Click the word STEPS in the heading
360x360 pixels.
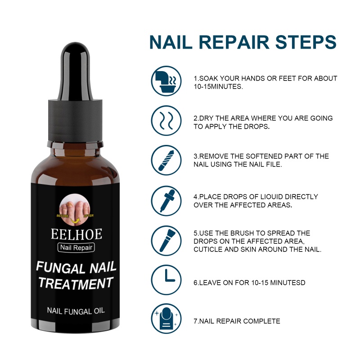coord(306,42)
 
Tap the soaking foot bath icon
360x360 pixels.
coord(166,81)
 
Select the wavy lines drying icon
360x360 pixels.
coord(166,121)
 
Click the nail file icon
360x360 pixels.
coord(166,160)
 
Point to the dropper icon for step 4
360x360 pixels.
coord(166,201)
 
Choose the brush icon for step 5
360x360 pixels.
coord(166,241)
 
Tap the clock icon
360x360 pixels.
coord(166,280)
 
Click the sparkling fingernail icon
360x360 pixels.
coord(166,319)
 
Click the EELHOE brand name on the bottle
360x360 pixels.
coord(76,234)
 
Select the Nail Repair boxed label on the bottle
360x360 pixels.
coord(76,247)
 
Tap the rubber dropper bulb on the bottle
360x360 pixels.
coord(75,71)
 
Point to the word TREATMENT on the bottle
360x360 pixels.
coord(76,283)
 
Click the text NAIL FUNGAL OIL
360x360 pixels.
coord(76,311)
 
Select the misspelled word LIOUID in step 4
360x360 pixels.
coord(271,197)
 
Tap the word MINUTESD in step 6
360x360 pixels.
coord(288,283)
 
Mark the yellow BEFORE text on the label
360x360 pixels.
coord(63,216)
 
